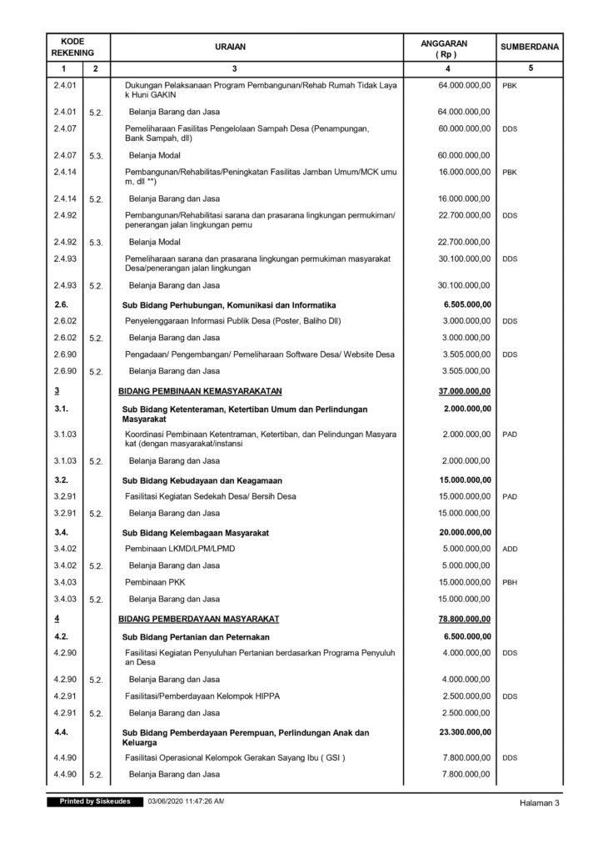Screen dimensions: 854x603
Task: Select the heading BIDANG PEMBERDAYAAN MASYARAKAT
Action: tap(198, 619)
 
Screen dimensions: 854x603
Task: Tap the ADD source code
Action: tap(511, 550)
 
